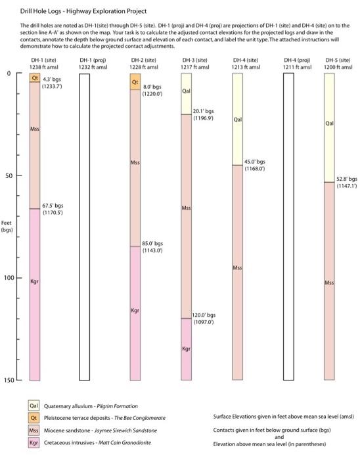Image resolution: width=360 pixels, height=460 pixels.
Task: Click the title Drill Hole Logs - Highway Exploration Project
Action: pos(83,11)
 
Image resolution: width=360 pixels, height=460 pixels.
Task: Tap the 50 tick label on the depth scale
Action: pos(9,175)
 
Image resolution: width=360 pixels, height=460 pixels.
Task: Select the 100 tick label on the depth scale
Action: pos(9,278)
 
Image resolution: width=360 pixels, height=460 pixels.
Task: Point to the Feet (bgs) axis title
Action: pos(7,226)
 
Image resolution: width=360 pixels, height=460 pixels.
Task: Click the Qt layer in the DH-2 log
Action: pos(135,81)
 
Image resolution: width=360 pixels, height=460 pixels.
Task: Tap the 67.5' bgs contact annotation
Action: pos(53,206)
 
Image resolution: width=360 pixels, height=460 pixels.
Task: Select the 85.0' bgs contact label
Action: pos(152,244)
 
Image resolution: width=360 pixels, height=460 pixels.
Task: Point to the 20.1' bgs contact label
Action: pos(203,111)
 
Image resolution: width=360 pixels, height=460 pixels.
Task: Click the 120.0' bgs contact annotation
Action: pos(204,315)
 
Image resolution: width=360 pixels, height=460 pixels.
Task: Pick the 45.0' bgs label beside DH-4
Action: pos(254,162)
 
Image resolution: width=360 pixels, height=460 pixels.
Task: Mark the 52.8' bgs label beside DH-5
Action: pos(347,179)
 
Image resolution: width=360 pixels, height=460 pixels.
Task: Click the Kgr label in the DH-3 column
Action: pos(186,349)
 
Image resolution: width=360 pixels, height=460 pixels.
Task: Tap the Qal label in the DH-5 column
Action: pos(329,124)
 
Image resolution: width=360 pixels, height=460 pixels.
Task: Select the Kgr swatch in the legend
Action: pos(34,443)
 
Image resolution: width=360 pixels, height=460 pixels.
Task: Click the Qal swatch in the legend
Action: pos(34,405)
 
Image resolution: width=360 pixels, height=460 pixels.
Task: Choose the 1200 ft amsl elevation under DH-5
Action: pos(338,67)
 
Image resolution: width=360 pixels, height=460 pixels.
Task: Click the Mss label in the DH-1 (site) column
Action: pos(35,129)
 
